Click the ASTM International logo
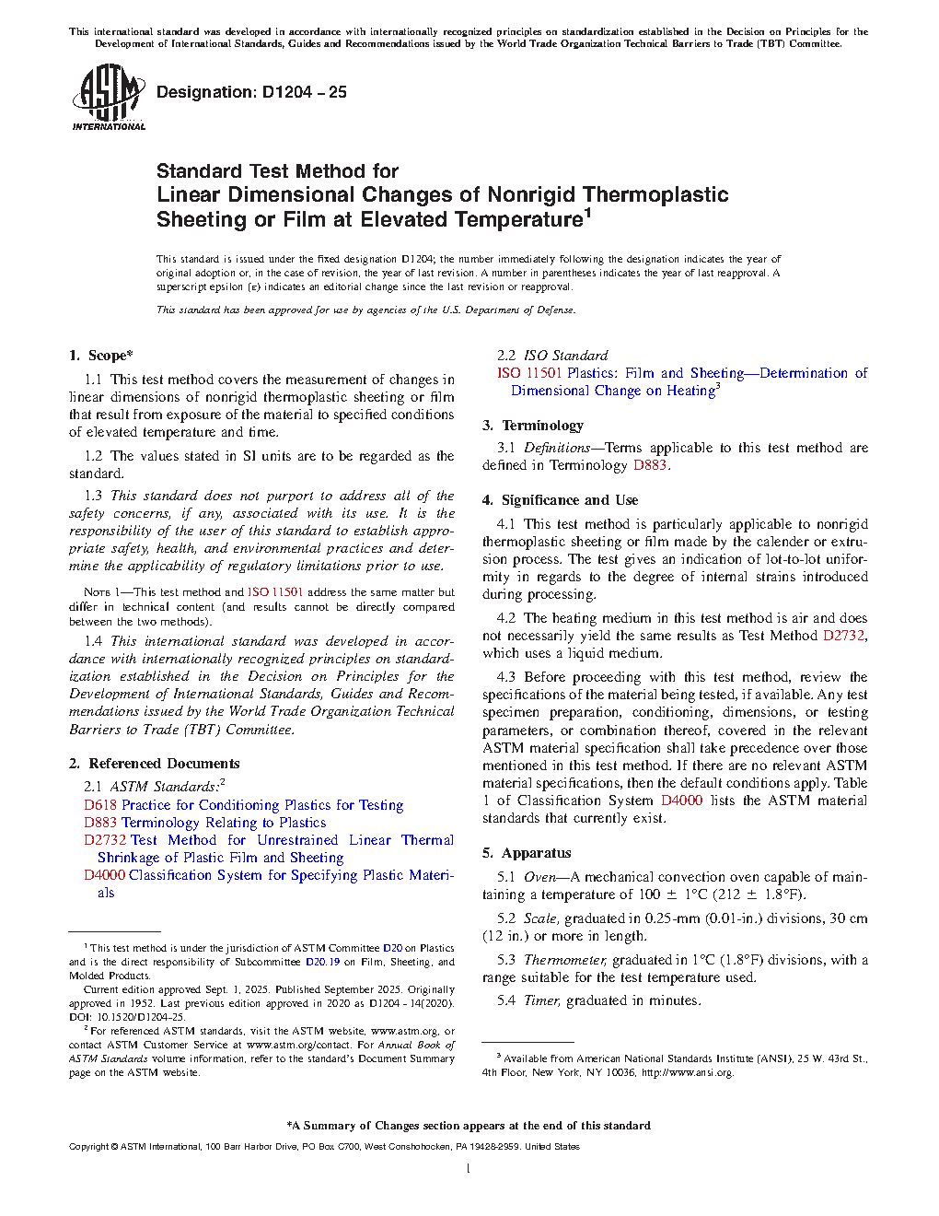pos(109,97)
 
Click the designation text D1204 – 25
pos(251,92)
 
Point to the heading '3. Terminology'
pos(533,426)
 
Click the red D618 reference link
pos(100,805)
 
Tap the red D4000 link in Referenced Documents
pos(105,875)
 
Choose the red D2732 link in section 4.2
pos(843,636)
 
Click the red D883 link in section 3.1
pos(649,465)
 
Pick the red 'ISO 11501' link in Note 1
pos(275,592)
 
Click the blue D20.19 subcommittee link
pos(322,962)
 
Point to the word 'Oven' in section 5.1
pos(539,877)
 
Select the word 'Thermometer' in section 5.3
pos(564,960)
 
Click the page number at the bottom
pos(469,1169)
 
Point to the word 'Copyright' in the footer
pos(88,1147)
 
